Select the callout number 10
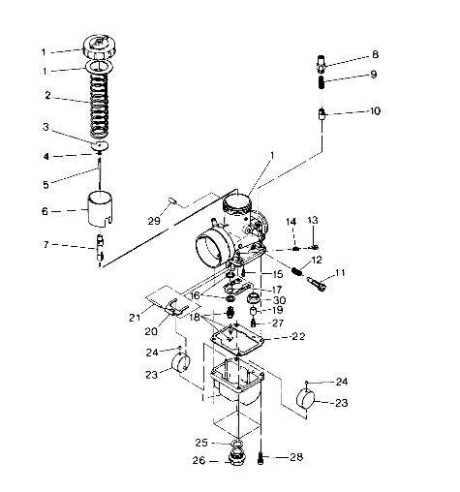tap(375, 111)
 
